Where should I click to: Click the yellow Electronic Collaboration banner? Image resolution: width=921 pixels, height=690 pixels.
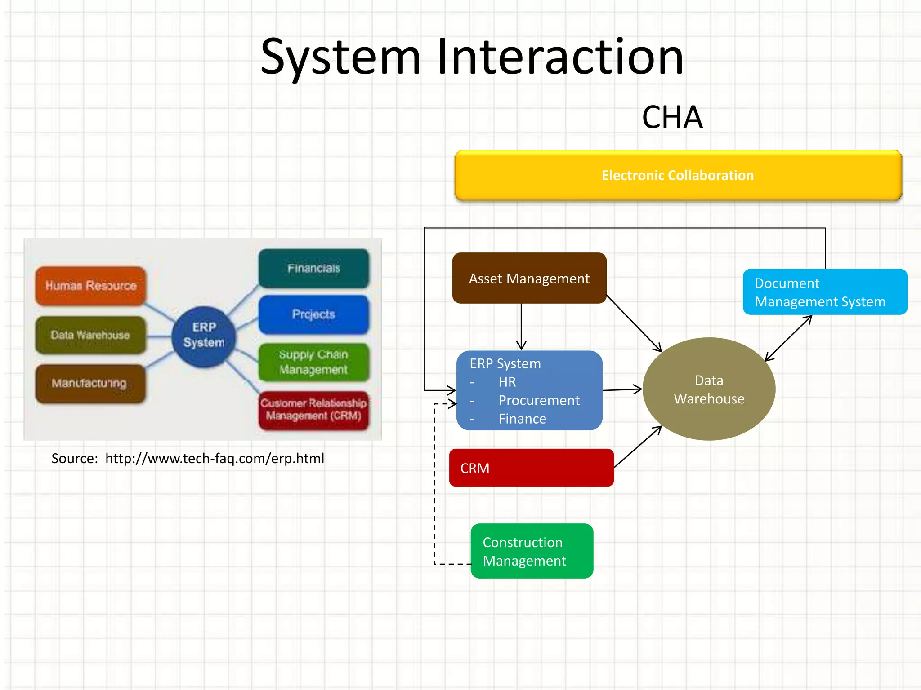tap(678, 175)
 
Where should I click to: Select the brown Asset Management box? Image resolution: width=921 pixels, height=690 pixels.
tap(529, 279)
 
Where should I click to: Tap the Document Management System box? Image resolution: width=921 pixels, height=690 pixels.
tap(824, 292)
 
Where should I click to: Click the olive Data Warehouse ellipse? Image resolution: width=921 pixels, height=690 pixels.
tap(709, 389)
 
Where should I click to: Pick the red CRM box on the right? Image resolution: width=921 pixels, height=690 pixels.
tap(531, 468)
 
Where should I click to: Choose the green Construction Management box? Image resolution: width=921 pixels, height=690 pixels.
tap(532, 551)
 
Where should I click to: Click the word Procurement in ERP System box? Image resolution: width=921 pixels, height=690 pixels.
tap(539, 400)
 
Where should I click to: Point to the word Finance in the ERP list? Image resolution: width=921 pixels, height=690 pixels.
tap(522, 419)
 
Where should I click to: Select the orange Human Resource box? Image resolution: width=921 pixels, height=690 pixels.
tap(91, 286)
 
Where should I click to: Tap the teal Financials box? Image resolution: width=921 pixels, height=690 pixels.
tap(313, 268)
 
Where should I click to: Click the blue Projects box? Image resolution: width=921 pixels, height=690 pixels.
tap(313, 314)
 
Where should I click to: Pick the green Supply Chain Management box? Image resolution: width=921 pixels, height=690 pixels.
tap(313, 362)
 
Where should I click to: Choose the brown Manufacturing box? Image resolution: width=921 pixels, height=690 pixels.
tap(90, 383)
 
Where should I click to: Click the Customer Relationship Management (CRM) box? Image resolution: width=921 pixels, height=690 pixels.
tap(313, 410)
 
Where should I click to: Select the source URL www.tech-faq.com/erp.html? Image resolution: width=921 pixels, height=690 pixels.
tap(215, 459)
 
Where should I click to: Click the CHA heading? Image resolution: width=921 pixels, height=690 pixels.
tap(672, 118)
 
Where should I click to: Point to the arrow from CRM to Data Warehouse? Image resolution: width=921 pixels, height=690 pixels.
tap(638, 447)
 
